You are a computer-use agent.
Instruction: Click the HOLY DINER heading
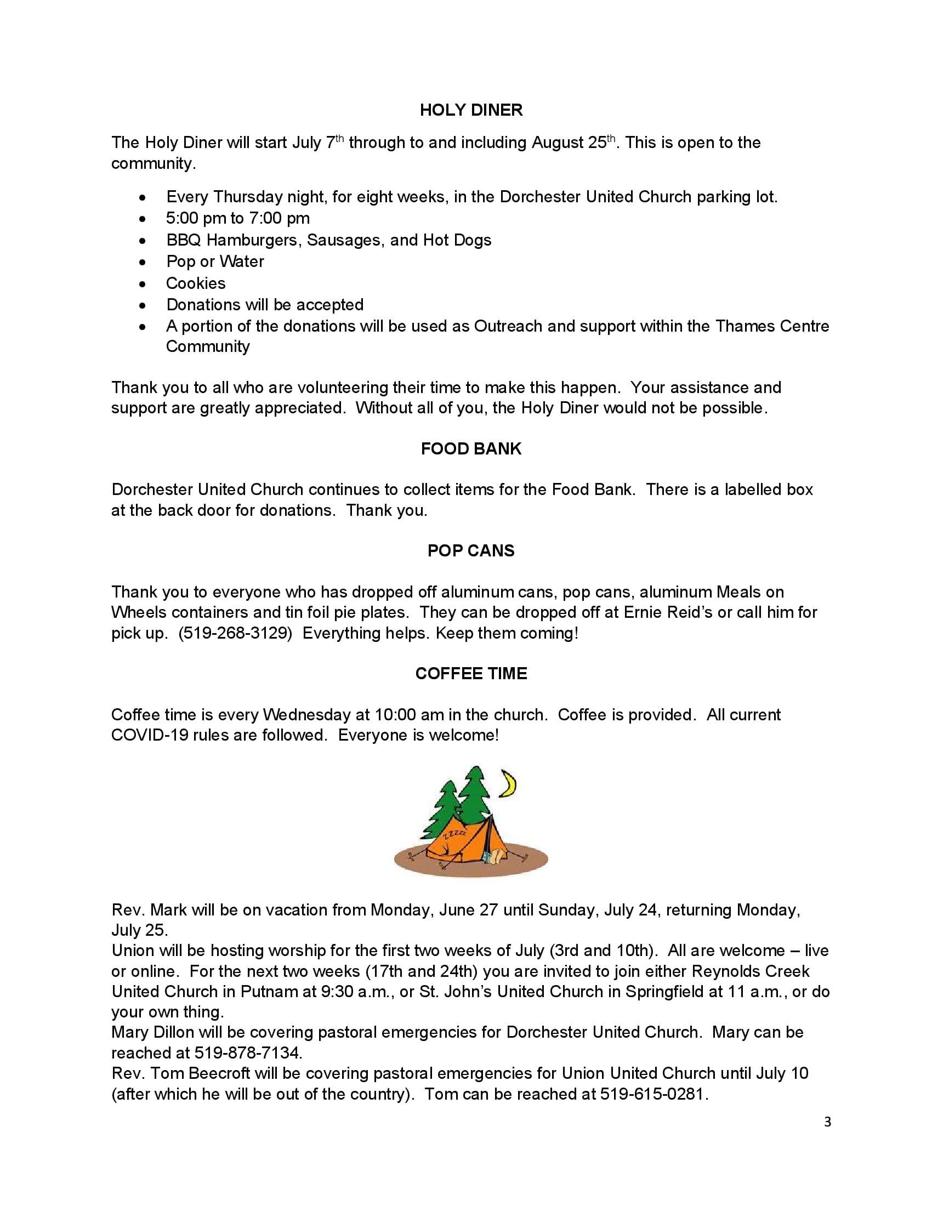coord(471,110)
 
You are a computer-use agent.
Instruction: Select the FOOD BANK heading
coord(471,448)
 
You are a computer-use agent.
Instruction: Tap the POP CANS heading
coord(471,550)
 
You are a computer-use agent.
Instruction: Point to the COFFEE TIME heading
coord(471,673)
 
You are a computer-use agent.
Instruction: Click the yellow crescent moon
coord(509,784)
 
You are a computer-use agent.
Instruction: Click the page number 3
coord(827,1122)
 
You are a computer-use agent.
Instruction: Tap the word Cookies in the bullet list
coord(196,283)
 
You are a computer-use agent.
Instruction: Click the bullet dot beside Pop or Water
coord(144,261)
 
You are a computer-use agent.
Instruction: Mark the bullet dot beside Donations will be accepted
coord(144,305)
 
